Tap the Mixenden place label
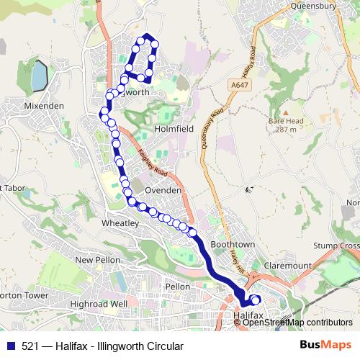(44, 105)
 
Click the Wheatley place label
(120, 224)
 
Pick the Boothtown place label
(233, 245)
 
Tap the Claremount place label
(288, 265)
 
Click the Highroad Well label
(99, 304)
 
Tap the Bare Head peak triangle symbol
(284, 113)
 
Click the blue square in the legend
(10, 346)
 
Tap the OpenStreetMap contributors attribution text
(297, 323)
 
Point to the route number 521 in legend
(30, 346)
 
